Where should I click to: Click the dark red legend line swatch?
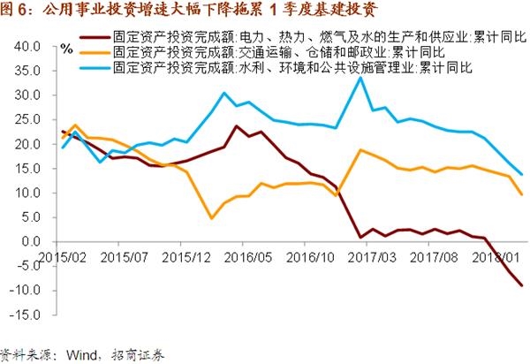pyautogui.click(x=95, y=38)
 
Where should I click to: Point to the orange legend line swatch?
pyautogui.click(x=95, y=52)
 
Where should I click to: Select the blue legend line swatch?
pyautogui.click(x=95, y=66)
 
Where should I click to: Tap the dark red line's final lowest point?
pyautogui.click(x=521, y=285)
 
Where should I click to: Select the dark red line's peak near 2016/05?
pyautogui.click(x=237, y=125)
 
